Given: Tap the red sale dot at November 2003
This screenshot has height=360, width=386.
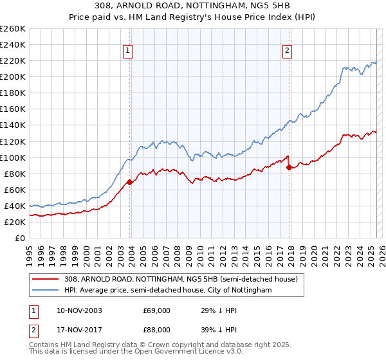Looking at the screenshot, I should [x=130, y=182].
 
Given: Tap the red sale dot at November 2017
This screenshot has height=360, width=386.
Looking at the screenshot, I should [x=289, y=167].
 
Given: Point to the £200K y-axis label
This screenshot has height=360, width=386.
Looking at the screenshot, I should [x=13, y=76].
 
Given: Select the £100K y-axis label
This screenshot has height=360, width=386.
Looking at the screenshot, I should [x=13, y=157].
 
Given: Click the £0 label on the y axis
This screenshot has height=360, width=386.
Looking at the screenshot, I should [x=21, y=238].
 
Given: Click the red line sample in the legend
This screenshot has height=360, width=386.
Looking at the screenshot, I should [x=46, y=280].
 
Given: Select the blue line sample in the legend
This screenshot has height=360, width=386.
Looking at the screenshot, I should [x=46, y=291].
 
